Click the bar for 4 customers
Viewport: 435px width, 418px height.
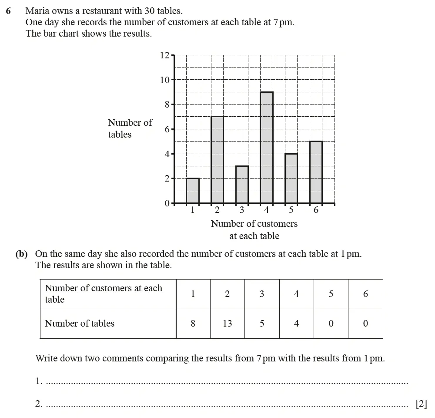coord(267,148)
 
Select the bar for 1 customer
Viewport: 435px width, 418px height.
coord(192,191)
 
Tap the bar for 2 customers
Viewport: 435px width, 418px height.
coord(217,160)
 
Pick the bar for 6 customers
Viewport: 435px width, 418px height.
coord(316,172)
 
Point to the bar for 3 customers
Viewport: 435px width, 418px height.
coord(242,185)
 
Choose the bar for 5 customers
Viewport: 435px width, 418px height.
coord(291,179)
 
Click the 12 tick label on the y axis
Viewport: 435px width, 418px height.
coord(164,55)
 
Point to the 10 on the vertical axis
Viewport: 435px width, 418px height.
coord(164,80)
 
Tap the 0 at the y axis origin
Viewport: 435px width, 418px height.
coord(167,203)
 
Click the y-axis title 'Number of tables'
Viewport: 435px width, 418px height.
coord(130,128)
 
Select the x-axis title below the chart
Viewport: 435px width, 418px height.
coord(254,229)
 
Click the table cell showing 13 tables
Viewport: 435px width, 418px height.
coord(227,324)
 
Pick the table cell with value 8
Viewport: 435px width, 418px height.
coord(193,324)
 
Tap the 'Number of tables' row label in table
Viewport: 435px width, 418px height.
coord(80,324)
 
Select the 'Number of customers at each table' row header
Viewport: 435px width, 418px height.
coord(104,294)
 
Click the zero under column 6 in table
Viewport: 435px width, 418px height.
coord(365,324)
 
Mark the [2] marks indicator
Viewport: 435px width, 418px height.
coord(421,404)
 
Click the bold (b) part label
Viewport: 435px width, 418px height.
coord(22,254)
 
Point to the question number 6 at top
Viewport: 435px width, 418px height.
coord(8,10)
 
